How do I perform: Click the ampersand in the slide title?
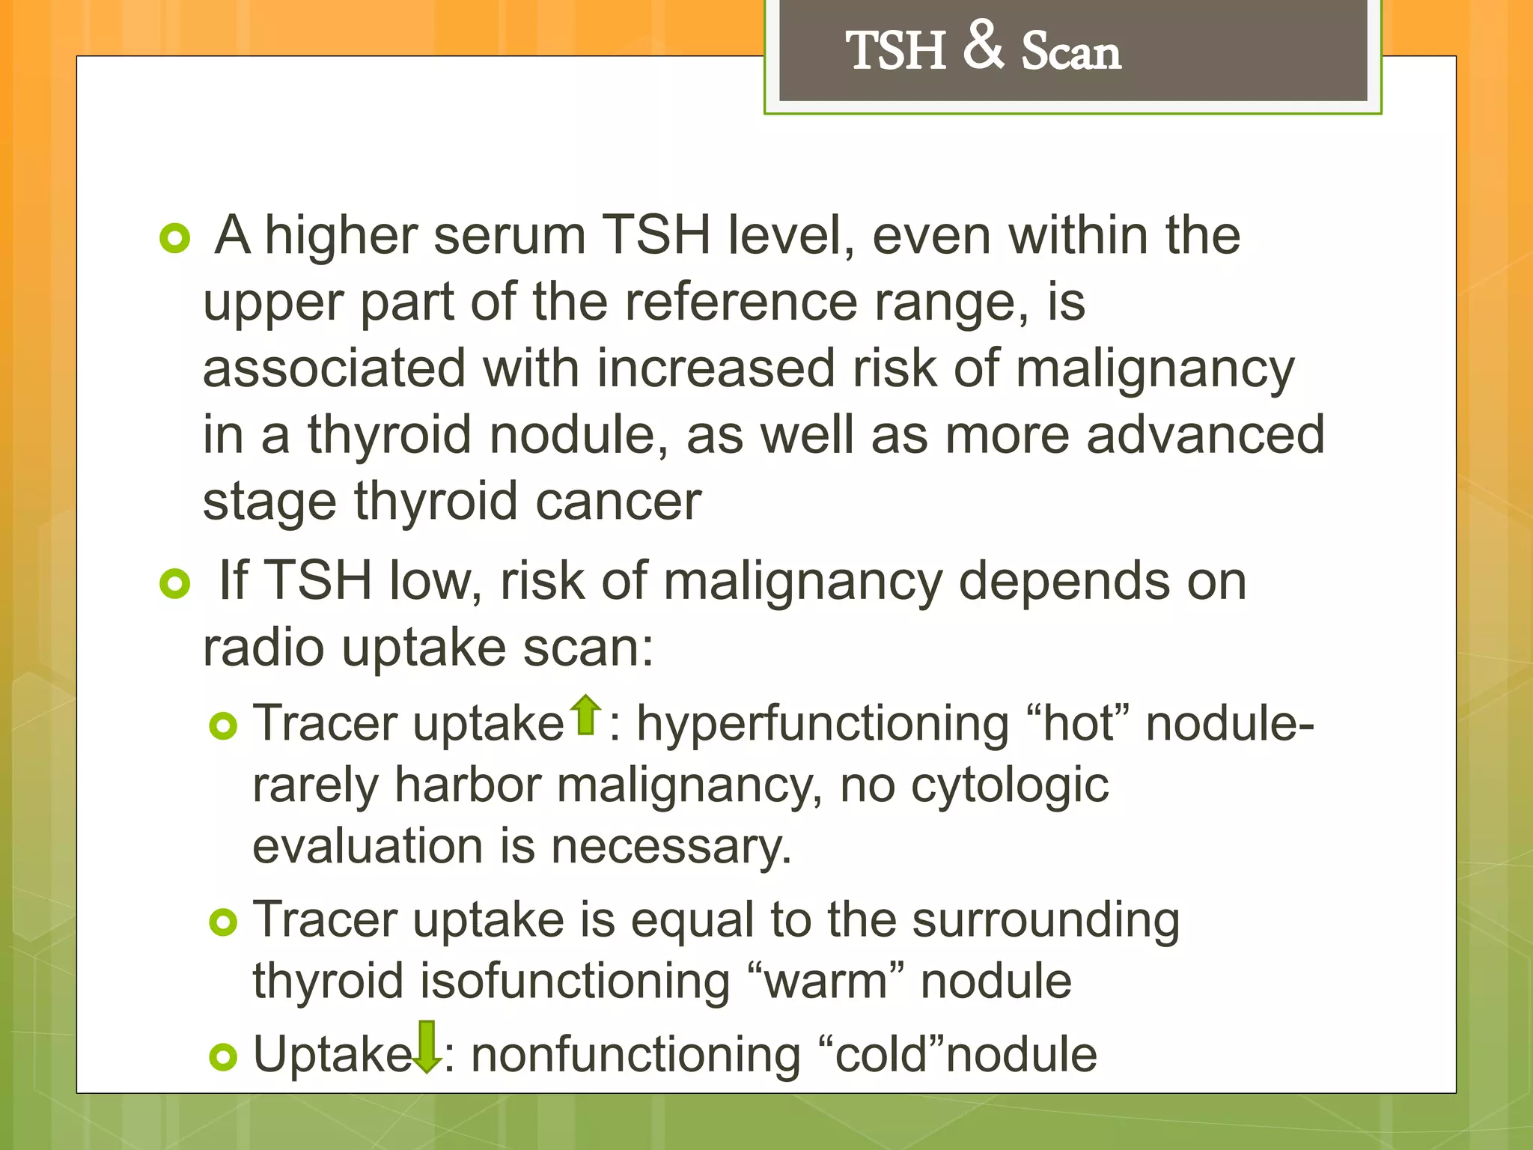(983, 45)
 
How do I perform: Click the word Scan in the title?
(1071, 52)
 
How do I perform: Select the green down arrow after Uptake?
(427, 1046)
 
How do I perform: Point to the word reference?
(741, 302)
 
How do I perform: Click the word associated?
(335, 368)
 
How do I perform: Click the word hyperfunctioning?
(823, 725)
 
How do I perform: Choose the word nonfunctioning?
(636, 1055)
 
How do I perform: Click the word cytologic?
(1010, 786)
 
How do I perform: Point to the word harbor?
(467, 786)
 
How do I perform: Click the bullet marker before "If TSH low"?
(175, 583)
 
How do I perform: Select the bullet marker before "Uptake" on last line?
(223, 1056)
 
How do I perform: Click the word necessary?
(671, 848)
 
